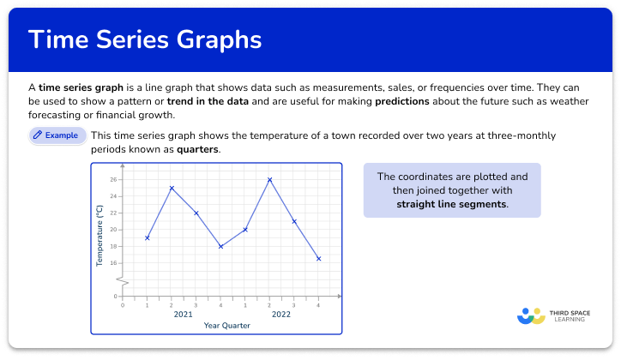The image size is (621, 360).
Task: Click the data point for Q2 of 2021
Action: coord(172,188)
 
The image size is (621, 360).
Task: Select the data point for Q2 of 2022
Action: coord(269,180)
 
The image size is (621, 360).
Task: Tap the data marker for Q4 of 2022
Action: coord(318,258)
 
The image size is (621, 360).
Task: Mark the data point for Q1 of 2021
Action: coord(148,237)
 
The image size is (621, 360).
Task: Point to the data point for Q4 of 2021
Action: coord(220,246)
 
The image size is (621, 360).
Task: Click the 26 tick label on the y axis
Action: coord(112,180)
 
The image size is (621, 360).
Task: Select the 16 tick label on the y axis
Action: coord(112,262)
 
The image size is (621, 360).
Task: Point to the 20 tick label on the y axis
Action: coord(112,230)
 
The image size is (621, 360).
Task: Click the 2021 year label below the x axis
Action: coord(183,315)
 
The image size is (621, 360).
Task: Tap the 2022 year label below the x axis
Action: coord(281,315)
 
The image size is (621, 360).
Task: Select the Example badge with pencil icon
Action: coord(57,135)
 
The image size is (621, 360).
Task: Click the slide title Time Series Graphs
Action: coord(146,40)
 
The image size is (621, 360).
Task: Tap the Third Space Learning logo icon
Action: coord(532,315)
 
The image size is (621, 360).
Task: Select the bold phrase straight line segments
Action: coord(451,204)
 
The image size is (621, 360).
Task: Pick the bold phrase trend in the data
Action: coord(208,101)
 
